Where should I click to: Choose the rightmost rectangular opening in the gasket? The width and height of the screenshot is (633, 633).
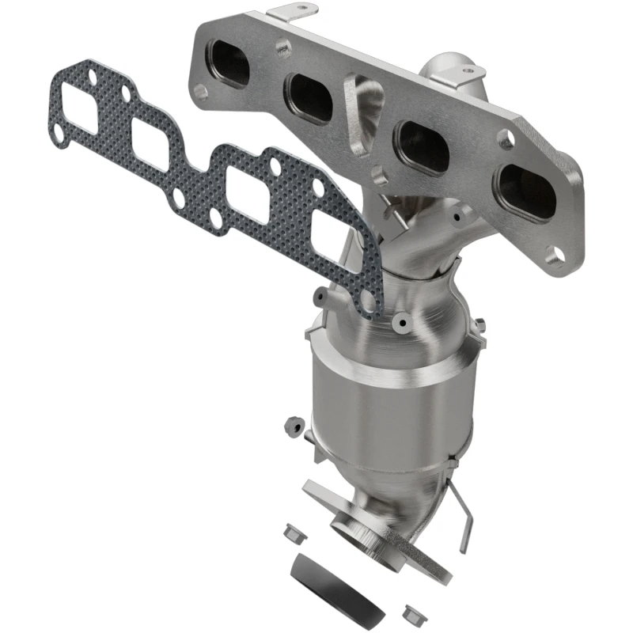tap(332, 233)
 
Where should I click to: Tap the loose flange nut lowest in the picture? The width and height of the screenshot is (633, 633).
tap(411, 612)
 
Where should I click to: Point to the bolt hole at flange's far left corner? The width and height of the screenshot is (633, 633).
tap(201, 91)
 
